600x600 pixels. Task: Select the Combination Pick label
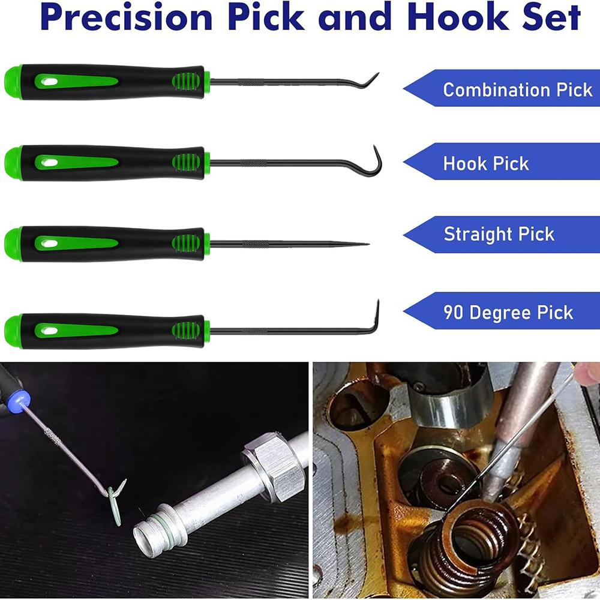(517, 89)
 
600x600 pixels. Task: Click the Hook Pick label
(486, 163)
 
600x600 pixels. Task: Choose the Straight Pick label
(499, 234)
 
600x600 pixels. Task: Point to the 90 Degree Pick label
(508, 313)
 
